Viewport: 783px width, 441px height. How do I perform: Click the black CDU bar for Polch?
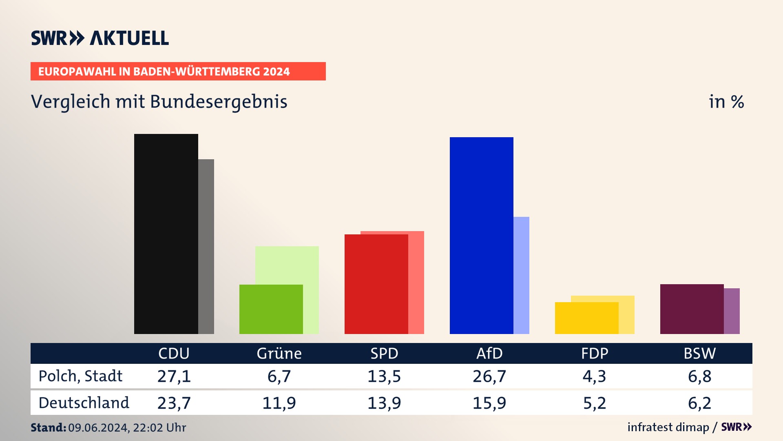[166, 234]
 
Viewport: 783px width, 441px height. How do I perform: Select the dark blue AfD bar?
[481, 235]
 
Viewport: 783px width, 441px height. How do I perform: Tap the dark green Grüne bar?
[271, 309]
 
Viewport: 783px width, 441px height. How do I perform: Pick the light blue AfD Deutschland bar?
[521, 275]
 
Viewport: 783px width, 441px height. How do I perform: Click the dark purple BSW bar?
[692, 309]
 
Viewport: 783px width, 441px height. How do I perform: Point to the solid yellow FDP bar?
[586, 318]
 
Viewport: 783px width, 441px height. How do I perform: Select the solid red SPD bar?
[376, 284]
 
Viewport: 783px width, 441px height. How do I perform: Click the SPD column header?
[384, 353]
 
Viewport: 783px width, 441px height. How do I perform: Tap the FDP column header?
[595, 353]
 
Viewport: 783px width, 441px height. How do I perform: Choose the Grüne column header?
[279, 353]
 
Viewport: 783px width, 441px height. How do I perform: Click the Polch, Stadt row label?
[80, 376]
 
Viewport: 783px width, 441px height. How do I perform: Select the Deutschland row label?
[84, 403]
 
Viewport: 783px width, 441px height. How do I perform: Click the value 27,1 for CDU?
[174, 376]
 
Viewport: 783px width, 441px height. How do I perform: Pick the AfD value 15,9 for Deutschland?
[489, 403]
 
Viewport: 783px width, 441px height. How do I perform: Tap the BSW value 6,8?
[700, 376]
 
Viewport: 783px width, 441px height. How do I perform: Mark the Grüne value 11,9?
[279, 403]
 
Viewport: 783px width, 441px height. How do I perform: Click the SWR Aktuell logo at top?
[100, 38]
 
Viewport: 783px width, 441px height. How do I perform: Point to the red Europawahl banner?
[178, 71]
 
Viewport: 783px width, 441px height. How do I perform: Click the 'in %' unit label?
[726, 102]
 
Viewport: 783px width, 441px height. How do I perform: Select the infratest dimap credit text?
[668, 427]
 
